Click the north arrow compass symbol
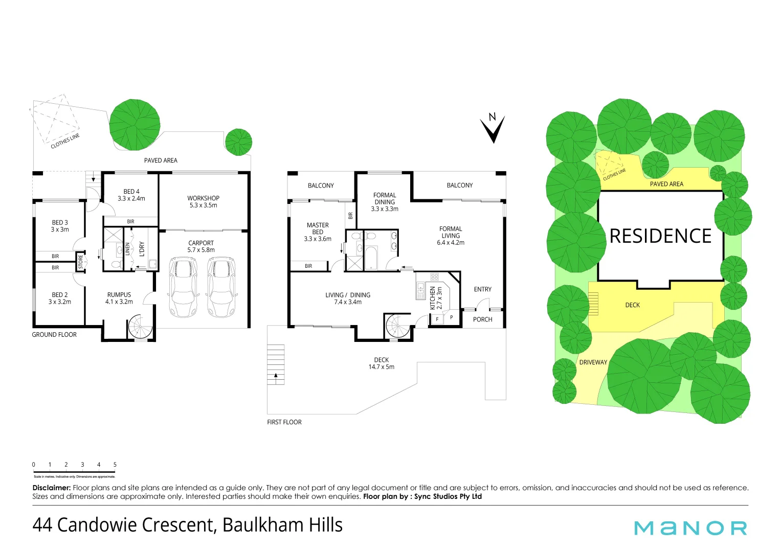click(x=493, y=129)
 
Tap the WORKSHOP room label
click(x=203, y=198)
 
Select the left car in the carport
click(x=183, y=287)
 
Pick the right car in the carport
click(x=221, y=287)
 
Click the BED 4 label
click(x=131, y=192)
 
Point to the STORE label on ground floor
click(x=80, y=262)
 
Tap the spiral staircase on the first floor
click(x=398, y=326)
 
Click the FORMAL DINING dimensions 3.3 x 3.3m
click(x=385, y=209)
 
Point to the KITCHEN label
click(x=433, y=297)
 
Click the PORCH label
click(x=482, y=319)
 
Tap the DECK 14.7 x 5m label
click(x=382, y=363)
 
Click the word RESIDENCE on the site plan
click(x=660, y=236)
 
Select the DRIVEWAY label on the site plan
click(x=593, y=362)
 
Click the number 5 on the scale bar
click(x=115, y=465)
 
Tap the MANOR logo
click(x=690, y=528)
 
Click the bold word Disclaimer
click(x=51, y=488)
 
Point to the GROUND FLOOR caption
click(x=54, y=335)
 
